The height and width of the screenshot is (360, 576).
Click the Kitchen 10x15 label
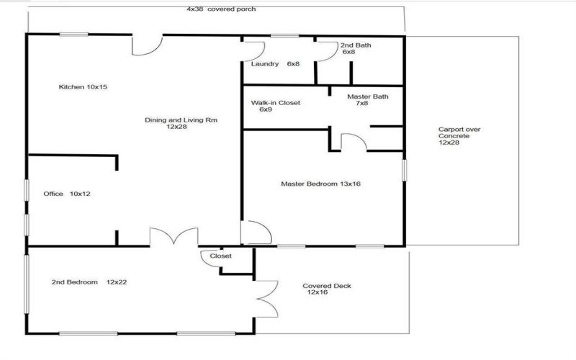pos(83,87)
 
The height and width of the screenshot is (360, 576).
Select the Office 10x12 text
pos(66,194)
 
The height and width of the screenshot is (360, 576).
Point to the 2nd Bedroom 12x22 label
pos(89,282)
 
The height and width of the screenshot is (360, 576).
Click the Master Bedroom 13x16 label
pos(320,184)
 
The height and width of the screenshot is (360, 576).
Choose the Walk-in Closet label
pos(275,106)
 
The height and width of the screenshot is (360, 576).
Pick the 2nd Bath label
pos(356,48)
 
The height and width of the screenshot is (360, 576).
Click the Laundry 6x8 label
pos(275,64)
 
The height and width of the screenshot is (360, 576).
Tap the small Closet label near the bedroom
pos(220,256)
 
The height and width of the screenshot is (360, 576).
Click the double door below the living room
pos(174,238)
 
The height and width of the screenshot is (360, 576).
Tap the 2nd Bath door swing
pos(328,50)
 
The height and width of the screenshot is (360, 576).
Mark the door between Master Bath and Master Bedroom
pos(352,140)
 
